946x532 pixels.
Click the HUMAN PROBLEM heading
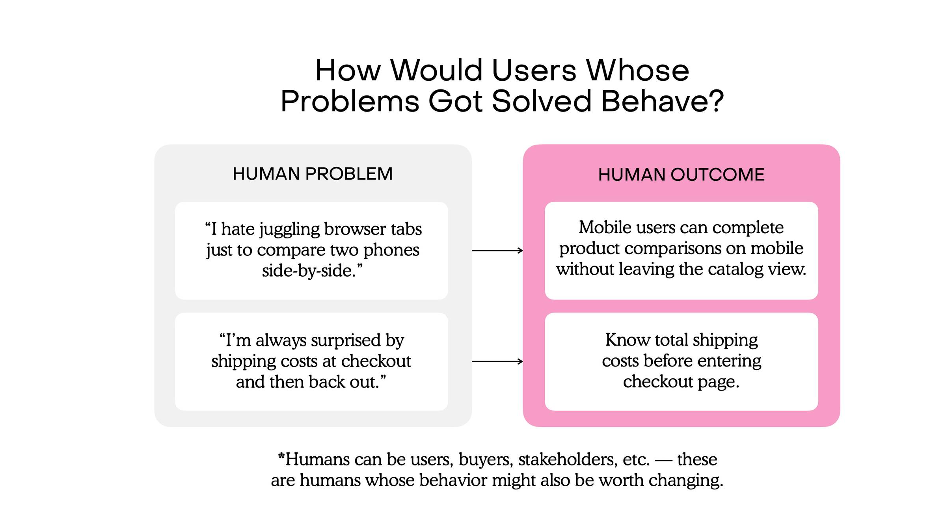(313, 174)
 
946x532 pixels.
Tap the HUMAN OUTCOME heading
(681, 175)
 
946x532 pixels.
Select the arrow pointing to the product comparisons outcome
(497, 250)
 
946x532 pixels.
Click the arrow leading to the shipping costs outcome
(497, 361)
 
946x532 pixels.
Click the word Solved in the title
(542, 101)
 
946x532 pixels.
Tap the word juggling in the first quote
(289, 230)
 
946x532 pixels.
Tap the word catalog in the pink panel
(736, 270)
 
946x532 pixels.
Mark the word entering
(730, 361)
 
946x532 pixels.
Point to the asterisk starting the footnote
(281, 456)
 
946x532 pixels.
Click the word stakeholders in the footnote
(568, 459)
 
